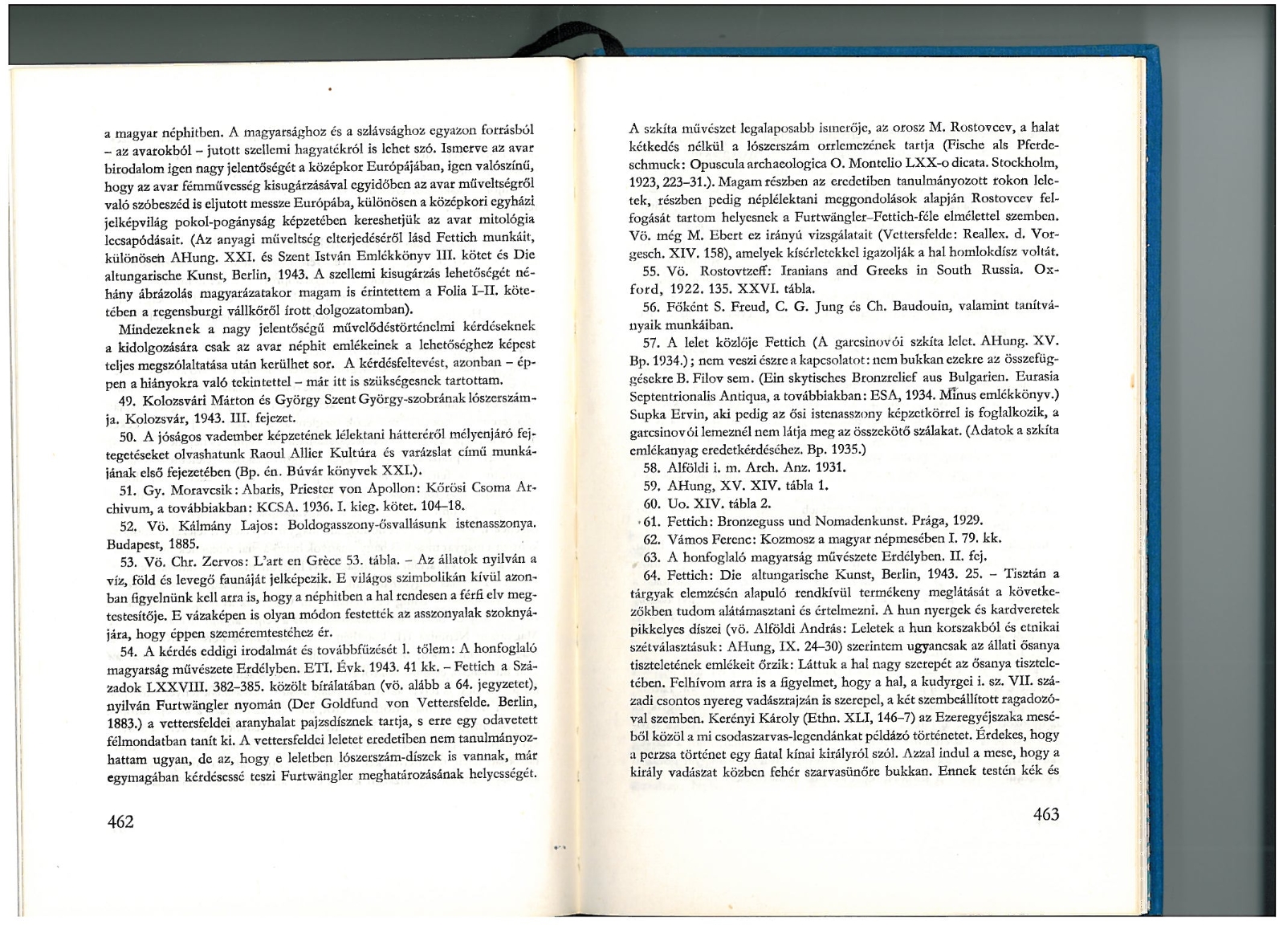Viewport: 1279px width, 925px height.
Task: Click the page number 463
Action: point(1046,814)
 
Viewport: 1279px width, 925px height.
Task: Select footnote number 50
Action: point(125,437)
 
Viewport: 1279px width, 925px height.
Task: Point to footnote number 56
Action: point(651,308)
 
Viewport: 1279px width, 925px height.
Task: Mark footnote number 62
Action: point(651,538)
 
